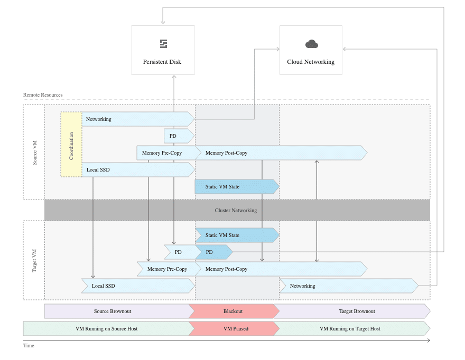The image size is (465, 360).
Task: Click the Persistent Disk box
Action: point(163,50)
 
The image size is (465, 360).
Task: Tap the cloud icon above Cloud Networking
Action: point(311,44)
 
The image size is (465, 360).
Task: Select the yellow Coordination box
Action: point(71,144)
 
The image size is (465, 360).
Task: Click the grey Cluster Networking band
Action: point(236,210)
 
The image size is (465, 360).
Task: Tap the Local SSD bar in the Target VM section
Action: point(137,286)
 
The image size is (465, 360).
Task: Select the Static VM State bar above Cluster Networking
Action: point(236,186)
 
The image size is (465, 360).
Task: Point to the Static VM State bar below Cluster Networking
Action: point(236,235)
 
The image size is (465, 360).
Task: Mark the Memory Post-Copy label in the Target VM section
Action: point(226,269)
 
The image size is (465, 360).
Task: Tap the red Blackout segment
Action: point(233,311)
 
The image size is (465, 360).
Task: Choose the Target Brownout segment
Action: point(351,311)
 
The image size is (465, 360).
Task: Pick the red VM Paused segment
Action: point(236,328)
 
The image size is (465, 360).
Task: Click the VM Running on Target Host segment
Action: point(350,328)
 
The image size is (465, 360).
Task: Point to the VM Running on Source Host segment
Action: point(107,328)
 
